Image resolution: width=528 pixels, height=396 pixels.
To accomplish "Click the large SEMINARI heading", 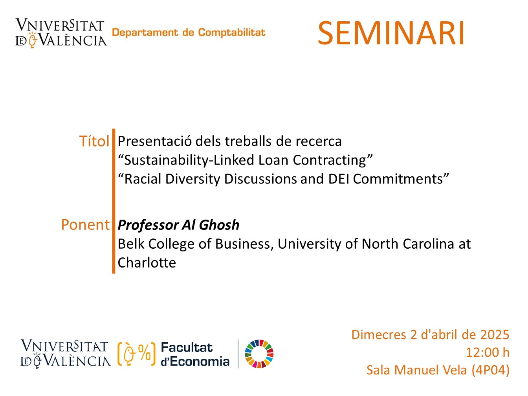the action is point(391,33).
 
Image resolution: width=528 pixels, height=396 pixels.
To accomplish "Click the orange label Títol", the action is point(94,141).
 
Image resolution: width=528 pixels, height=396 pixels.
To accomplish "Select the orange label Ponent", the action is point(85,225).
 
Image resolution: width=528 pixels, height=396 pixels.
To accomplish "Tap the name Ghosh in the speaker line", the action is point(219,225).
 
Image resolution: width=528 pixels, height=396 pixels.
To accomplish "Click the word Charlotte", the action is point(147,262).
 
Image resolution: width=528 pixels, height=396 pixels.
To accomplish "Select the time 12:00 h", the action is point(488,352).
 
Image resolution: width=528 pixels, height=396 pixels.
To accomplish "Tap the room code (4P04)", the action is point(490,370).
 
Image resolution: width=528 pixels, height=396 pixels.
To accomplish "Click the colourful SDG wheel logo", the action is point(259,354).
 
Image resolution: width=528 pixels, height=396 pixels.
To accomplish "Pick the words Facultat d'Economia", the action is point(195,354).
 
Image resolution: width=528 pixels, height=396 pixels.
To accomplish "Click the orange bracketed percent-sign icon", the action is point(137,354).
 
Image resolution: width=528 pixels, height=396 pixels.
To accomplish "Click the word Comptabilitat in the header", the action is point(231,33).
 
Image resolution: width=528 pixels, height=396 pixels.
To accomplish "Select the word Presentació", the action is point(155,141).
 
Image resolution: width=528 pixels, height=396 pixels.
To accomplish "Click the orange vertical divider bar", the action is point(114,201).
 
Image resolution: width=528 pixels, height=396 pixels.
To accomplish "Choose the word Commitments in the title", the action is point(398,179).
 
